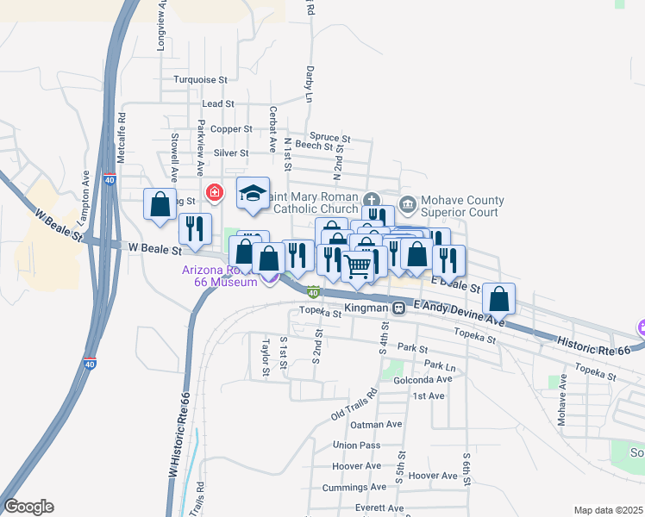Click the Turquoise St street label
click(x=199, y=79)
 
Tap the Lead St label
click(x=217, y=103)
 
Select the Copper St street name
click(x=232, y=129)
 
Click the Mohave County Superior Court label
click(x=462, y=207)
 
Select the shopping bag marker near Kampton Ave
click(x=160, y=205)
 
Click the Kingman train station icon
click(x=398, y=308)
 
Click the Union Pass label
click(x=356, y=445)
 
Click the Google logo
click(x=28, y=507)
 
